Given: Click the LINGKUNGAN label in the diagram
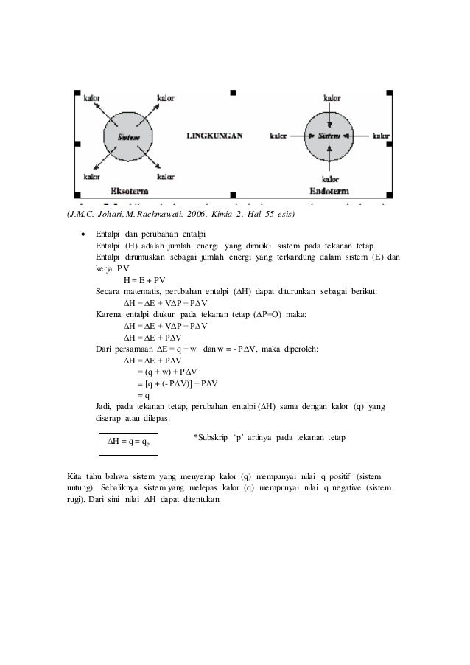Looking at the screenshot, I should pyautogui.click(x=214, y=136).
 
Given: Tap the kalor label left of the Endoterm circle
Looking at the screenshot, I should pyautogui.click(x=279, y=136).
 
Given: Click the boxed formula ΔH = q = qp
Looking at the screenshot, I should pyautogui.click(x=128, y=442).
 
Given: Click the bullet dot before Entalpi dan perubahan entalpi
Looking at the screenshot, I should pyautogui.click(x=83, y=233).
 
